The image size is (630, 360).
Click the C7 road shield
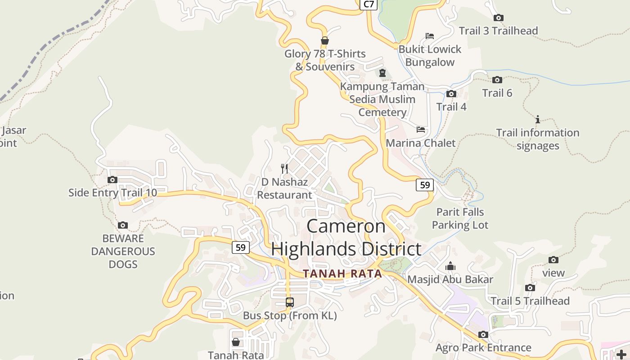tap(369, 4)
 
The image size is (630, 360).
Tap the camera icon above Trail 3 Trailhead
tap(498, 18)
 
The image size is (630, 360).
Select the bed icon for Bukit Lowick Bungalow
tap(430, 36)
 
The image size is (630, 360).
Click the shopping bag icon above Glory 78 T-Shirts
tap(324, 40)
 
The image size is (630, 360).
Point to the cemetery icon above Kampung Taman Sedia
tap(382, 73)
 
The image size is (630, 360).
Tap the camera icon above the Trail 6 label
tap(497, 80)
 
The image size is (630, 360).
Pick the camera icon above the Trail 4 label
tap(451, 94)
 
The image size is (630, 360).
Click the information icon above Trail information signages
tap(538, 120)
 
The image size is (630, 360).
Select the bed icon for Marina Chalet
tap(421, 130)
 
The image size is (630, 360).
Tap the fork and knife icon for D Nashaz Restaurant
tap(284, 169)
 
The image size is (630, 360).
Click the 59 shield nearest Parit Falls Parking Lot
tap(424, 184)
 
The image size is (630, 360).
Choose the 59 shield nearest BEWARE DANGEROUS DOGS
tap(241, 247)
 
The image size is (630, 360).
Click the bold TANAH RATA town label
tap(342, 274)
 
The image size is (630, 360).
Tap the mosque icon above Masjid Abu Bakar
tap(450, 266)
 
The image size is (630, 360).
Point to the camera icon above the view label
tap(553, 260)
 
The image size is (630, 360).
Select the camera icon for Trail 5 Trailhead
tap(530, 288)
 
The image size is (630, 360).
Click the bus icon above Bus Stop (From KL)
tap(290, 302)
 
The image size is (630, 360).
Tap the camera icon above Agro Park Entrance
tap(483, 335)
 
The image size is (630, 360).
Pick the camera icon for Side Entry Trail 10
tap(112, 180)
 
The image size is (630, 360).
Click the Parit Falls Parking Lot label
tap(460, 218)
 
